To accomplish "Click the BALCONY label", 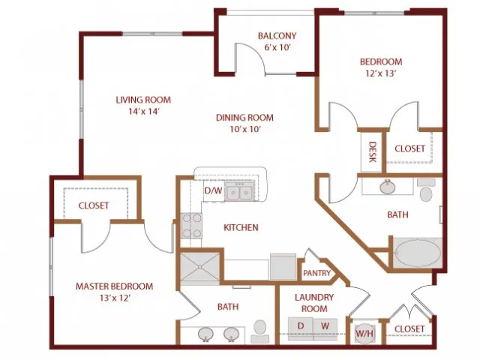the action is pyautogui.click(x=277, y=36).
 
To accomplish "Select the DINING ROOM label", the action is pyautogui.click(x=244, y=118).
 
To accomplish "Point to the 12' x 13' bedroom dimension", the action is pyautogui.click(x=381, y=73).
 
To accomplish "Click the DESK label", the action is pyautogui.click(x=372, y=151).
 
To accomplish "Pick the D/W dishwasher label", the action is pyautogui.click(x=213, y=190).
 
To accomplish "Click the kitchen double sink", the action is pyautogui.click(x=239, y=192).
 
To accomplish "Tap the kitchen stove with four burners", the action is pyautogui.click(x=191, y=226).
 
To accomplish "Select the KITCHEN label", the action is pyautogui.click(x=241, y=227).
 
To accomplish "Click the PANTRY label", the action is pyautogui.click(x=316, y=273).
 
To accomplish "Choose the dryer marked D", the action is pyautogui.click(x=301, y=329).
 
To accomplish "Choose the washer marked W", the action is pyautogui.click(x=325, y=329).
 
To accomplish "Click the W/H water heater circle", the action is pyautogui.click(x=364, y=333).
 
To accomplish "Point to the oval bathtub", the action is pyautogui.click(x=418, y=253).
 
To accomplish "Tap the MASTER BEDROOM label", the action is pyautogui.click(x=114, y=286).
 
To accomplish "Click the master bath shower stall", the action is pyautogui.click(x=199, y=268).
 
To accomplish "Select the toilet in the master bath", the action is pyautogui.click(x=260, y=331).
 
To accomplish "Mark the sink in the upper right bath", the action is pyautogui.click(x=387, y=187).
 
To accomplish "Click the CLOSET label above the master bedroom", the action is pyautogui.click(x=94, y=205).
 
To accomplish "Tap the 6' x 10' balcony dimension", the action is pyautogui.click(x=277, y=47).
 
